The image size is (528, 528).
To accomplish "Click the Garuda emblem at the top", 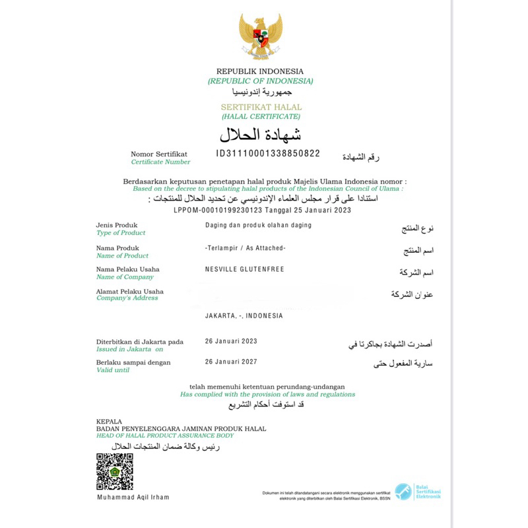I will [261, 37].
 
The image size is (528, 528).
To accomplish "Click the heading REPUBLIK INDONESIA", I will [260, 71].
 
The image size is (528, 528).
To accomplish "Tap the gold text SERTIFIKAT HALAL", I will [261, 107].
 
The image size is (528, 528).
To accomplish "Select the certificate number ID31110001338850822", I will [268, 153].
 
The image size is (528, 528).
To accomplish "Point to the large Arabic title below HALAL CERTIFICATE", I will [261, 134].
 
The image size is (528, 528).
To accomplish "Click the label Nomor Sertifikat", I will [159, 153].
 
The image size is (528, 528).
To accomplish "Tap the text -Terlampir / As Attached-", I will [246, 247].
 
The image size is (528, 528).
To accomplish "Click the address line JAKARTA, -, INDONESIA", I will [244, 315].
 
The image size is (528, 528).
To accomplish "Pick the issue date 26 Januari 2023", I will [232, 341].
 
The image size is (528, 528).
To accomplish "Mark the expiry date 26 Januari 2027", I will [232, 362].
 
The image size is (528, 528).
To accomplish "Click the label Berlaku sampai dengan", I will [133, 362].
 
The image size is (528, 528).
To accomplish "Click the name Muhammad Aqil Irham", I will [133, 497].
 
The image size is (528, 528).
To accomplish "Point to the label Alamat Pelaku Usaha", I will [130, 291].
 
